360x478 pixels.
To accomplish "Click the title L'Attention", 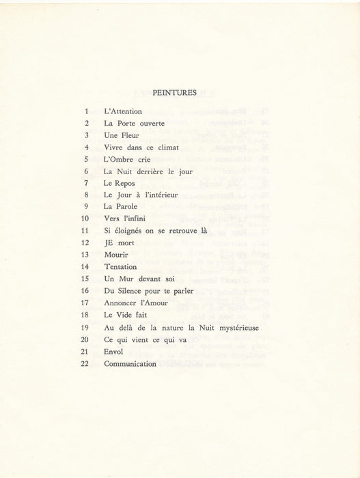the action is click(x=124, y=111).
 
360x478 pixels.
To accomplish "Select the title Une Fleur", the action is click(x=121, y=135).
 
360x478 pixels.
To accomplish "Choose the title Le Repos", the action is click(x=117, y=183).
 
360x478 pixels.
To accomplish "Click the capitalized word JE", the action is click(x=110, y=242).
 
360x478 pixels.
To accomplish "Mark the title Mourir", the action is click(x=117, y=255).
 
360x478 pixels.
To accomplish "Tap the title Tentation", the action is click(x=121, y=267).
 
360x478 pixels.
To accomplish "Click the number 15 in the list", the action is click(x=85, y=279).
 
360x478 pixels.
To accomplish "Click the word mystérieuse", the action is click(x=238, y=327).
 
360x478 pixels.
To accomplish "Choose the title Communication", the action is click(x=130, y=363).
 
